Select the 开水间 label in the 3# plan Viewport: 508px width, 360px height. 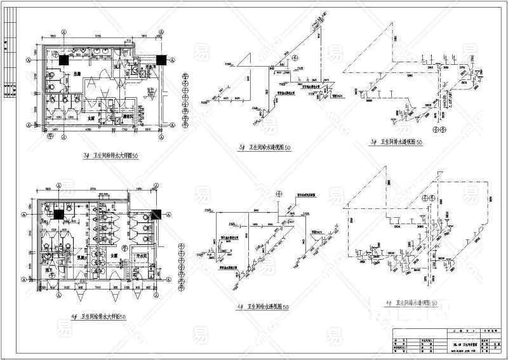point(152,66)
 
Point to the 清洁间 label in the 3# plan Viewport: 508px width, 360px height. point(128,116)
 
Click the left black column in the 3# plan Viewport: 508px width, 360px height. point(64,60)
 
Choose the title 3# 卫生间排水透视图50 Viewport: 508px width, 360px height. point(404,142)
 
